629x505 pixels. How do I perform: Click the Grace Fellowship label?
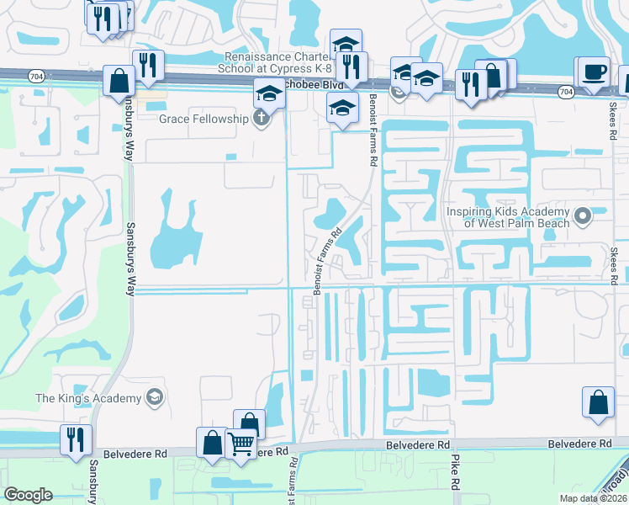203,119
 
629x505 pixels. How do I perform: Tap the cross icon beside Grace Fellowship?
261,119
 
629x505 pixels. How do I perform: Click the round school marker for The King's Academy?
153,396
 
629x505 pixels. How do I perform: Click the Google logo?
28,495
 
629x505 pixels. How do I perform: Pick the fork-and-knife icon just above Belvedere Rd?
76,439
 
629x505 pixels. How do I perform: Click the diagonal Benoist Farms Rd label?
329,260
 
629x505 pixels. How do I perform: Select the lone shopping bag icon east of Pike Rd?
599,402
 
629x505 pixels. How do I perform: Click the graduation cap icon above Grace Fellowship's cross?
269,92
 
